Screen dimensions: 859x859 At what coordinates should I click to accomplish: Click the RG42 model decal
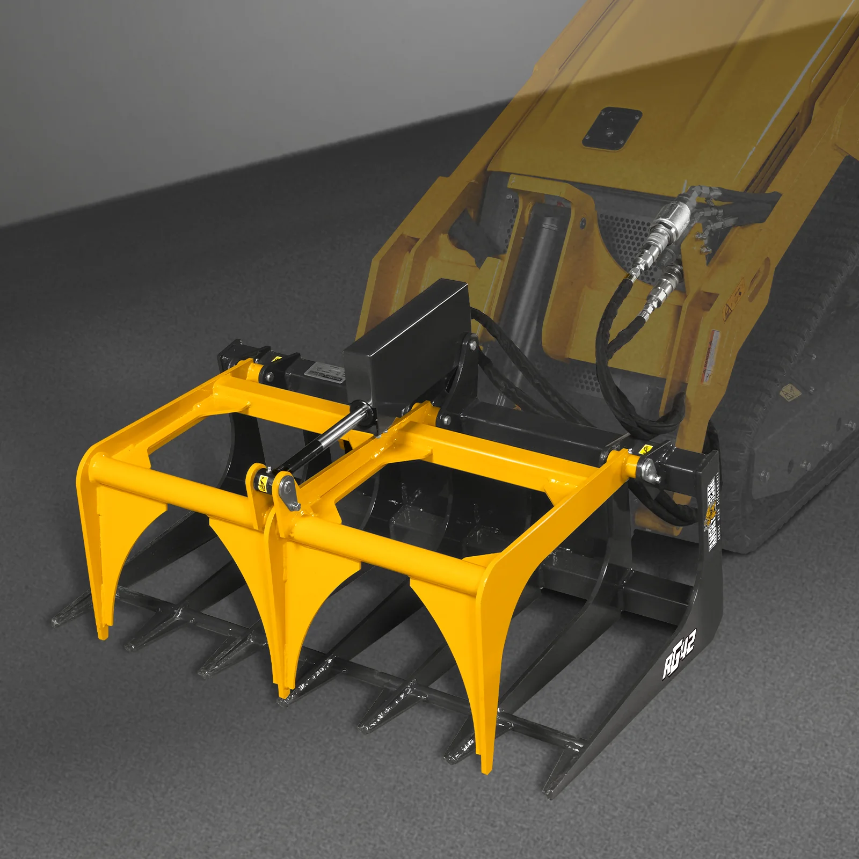679,658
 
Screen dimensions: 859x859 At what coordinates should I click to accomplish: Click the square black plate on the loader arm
612,129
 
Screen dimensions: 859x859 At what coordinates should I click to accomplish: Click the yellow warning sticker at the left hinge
277,359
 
